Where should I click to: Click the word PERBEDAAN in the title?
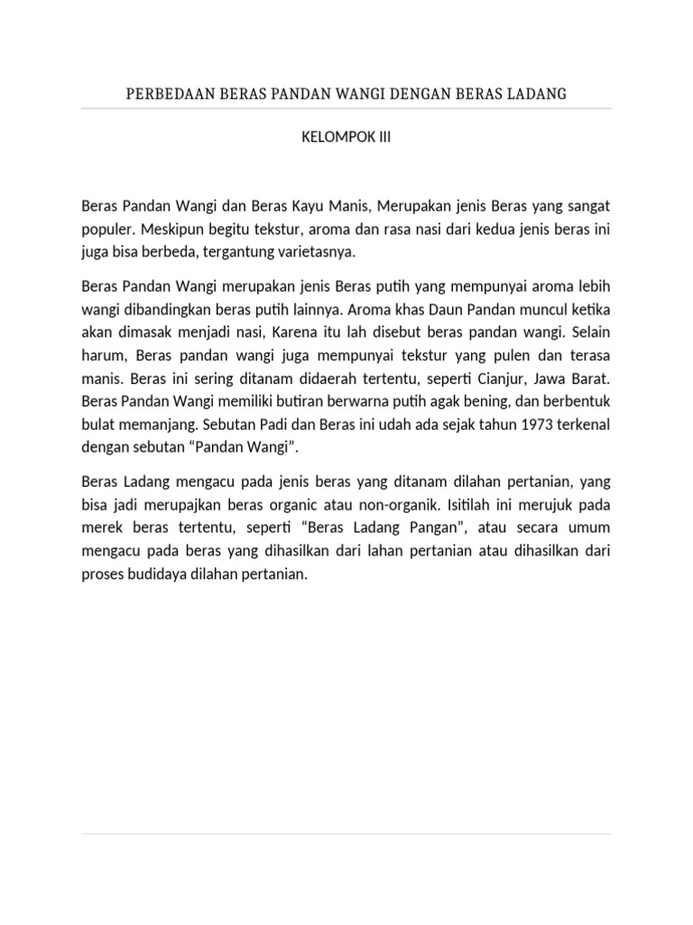[166, 94]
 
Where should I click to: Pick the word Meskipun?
[169, 229]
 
